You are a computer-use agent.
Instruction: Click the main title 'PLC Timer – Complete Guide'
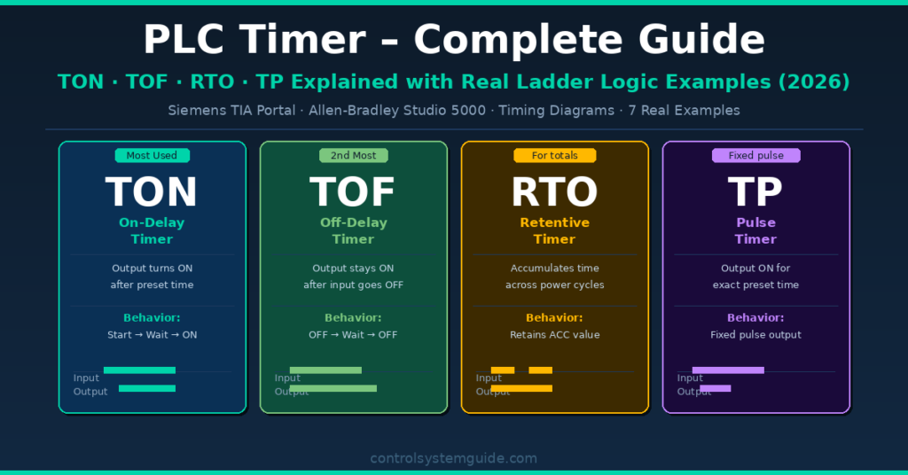click(x=453, y=40)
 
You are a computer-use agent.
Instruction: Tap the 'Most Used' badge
click(x=152, y=156)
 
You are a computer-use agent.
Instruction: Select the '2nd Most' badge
click(x=353, y=156)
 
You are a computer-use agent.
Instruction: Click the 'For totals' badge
click(x=554, y=156)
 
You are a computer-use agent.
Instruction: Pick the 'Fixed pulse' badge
click(x=755, y=156)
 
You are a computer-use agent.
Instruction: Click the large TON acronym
click(x=152, y=192)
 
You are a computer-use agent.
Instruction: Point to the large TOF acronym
click(x=353, y=192)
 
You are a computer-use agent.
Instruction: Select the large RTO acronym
click(x=554, y=192)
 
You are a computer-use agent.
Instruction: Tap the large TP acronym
click(x=755, y=192)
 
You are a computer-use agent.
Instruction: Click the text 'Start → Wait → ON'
click(x=152, y=335)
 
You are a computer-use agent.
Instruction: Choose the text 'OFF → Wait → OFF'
click(x=353, y=335)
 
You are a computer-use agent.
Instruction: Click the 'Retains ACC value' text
click(x=554, y=335)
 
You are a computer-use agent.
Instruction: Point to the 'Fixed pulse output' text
click(x=755, y=335)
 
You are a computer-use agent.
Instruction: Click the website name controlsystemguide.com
click(x=453, y=458)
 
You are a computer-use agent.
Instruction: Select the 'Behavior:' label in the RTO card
click(x=554, y=317)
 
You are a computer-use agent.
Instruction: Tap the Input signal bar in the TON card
click(x=139, y=370)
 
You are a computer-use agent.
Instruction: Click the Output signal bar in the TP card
click(x=715, y=388)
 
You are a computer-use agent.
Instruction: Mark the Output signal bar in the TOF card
click(x=333, y=388)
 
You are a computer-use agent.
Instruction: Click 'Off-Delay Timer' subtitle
click(x=353, y=230)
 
